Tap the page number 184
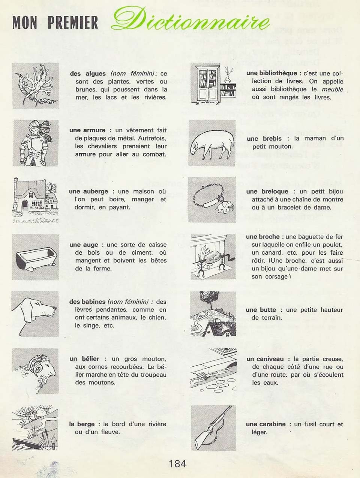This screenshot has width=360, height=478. (177, 464)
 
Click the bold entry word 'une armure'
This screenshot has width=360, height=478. (87, 130)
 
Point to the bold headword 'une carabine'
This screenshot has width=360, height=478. (266, 424)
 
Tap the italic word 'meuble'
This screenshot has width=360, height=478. (332, 90)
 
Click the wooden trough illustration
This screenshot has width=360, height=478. (36, 258)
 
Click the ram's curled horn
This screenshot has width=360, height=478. (34, 364)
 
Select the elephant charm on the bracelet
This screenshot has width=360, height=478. (226, 206)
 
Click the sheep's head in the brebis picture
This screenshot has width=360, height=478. (196, 148)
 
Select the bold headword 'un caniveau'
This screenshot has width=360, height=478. (265, 359)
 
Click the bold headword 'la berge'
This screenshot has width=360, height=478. (82, 424)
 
